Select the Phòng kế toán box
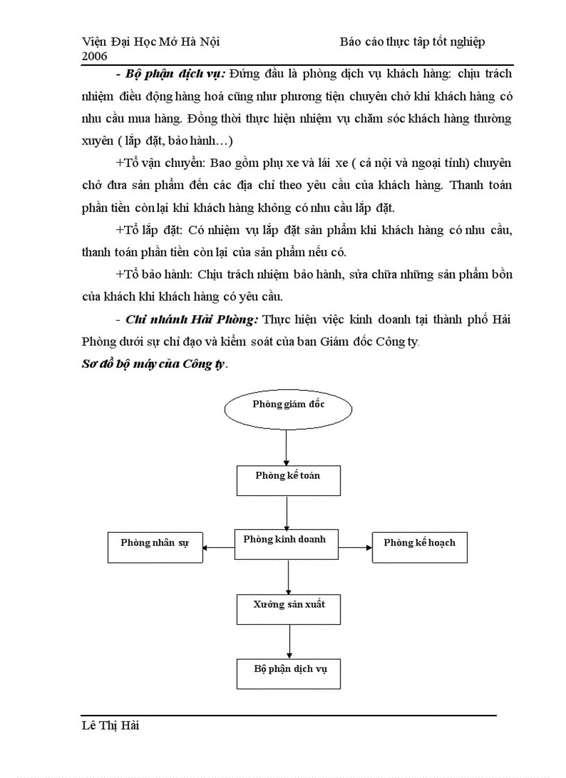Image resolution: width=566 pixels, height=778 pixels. pyautogui.click(x=288, y=480)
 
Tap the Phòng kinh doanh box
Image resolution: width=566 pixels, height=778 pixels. pyautogui.click(x=286, y=545)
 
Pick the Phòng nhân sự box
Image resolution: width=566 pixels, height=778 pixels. pyautogui.click(x=155, y=548)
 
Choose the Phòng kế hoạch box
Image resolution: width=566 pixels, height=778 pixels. pyautogui.click(x=420, y=547)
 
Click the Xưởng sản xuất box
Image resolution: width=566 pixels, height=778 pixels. pyautogui.click(x=289, y=610)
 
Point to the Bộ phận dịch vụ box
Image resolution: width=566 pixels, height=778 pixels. pyautogui.click(x=289, y=674)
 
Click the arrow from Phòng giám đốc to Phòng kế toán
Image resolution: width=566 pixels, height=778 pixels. pyautogui.click(x=286, y=447)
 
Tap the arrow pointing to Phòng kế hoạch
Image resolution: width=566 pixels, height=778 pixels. pyautogui.click(x=356, y=547)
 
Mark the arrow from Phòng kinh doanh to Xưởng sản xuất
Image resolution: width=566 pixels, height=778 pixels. pyautogui.click(x=288, y=577)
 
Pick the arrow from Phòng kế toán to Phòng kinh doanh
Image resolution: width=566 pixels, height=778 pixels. pyautogui.click(x=286, y=513)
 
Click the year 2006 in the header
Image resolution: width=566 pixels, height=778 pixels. pyautogui.click(x=94, y=55)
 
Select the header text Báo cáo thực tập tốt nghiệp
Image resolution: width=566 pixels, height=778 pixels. pyautogui.click(x=412, y=42)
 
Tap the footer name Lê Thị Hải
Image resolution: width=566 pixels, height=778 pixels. pyautogui.click(x=110, y=726)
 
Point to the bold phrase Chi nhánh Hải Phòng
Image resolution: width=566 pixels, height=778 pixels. pyautogui.click(x=192, y=319)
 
